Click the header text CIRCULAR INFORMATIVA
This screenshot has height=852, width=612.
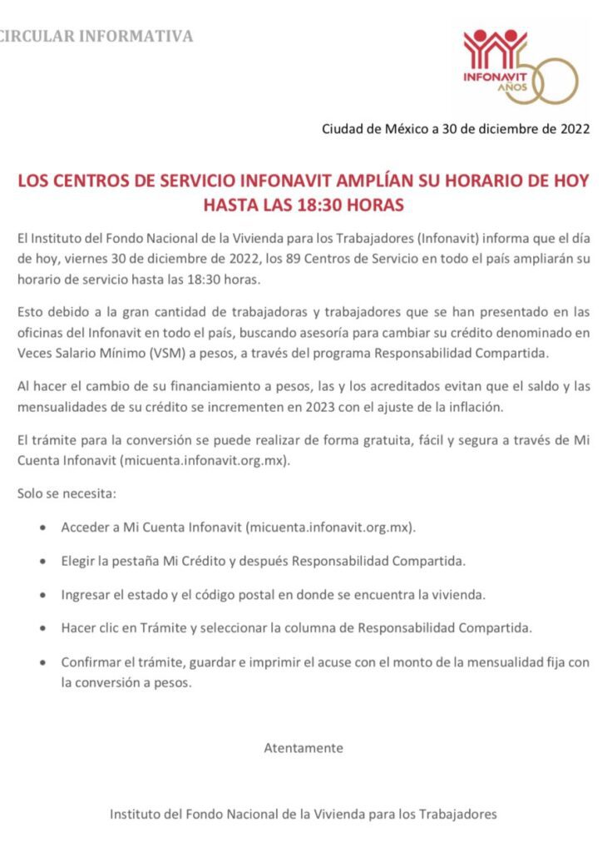[96, 37]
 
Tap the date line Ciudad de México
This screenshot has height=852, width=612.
[456, 129]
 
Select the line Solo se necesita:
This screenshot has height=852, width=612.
[67, 493]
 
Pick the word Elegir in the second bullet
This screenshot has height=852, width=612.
[77, 561]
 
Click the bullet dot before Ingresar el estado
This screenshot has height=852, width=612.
[42, 596]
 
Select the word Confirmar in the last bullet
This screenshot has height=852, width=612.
[90, 662]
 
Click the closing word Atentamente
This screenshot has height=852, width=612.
[304, 747]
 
